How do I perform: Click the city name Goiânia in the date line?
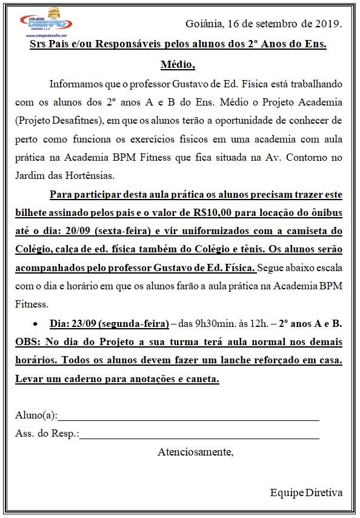[204, 24]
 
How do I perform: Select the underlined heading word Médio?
[178, 64]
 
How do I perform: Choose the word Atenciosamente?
[195, 452]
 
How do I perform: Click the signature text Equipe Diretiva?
[306, 492]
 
